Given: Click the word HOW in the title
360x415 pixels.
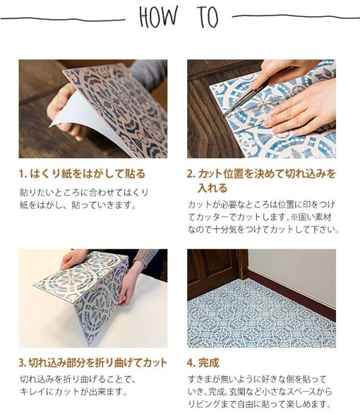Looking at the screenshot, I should pyautogui.click(x=158, y=18).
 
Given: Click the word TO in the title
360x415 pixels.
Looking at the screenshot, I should pyautogui.click(x=208, y=18).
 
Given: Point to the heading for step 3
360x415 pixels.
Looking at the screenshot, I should pyautogui.click(x=93, y=363).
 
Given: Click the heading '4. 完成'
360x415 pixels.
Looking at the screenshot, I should pyautogui.click(x=203, y=363).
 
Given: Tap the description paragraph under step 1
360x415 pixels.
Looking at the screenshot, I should pyautogui.click(x=84, y=199).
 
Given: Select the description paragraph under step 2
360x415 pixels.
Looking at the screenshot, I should pyautogui.click(x=263, y=216).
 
